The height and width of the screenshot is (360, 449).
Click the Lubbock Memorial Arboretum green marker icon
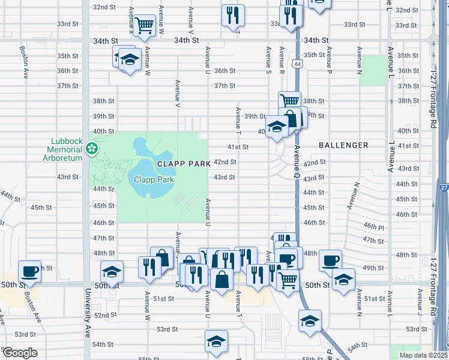[92, 148]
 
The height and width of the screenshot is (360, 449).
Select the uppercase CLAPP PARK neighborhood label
[184, 163]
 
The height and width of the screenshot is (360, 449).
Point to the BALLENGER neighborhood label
[343, 145]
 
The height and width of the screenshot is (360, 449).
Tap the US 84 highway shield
[298, 63]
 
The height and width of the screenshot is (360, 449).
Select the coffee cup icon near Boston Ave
[29, 271]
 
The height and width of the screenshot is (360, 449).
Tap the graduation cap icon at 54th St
[216, 341]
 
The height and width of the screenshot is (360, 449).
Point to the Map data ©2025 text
[423, 355]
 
